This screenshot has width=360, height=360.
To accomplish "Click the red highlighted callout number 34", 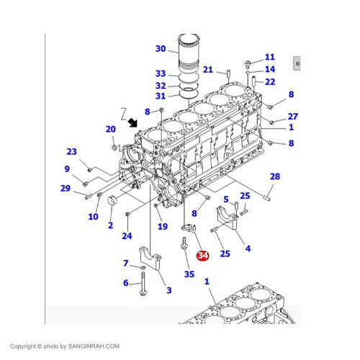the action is (203, 256).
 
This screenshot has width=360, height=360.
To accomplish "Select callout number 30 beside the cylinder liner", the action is (161, 48).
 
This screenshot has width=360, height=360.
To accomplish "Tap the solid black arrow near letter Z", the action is (132, 122).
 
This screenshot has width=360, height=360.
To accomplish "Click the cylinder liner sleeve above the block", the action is (189, 53).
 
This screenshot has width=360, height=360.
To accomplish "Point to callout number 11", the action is (270, 57).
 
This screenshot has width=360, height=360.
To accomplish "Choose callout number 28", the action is (275, 176).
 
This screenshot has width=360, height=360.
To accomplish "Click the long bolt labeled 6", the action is (143, 284).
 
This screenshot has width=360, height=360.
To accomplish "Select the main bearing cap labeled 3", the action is (150, 258).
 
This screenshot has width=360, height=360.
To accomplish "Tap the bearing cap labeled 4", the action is (228, 218).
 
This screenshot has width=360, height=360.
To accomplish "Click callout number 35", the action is (189, 274).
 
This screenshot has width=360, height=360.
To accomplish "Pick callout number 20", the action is (111, 129).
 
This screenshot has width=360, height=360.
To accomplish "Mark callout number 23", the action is (71, 151).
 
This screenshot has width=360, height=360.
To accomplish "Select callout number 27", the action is (293, 117).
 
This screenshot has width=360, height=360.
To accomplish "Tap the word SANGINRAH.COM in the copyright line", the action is (94, 346).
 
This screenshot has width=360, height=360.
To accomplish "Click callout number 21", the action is (208, 70).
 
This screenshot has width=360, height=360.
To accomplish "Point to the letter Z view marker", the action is (124, 114).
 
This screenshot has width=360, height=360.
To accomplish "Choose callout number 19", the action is (163, 226).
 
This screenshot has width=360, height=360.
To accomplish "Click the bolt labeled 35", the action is (184, 243).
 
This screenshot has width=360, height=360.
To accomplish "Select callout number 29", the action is (66, 188).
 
